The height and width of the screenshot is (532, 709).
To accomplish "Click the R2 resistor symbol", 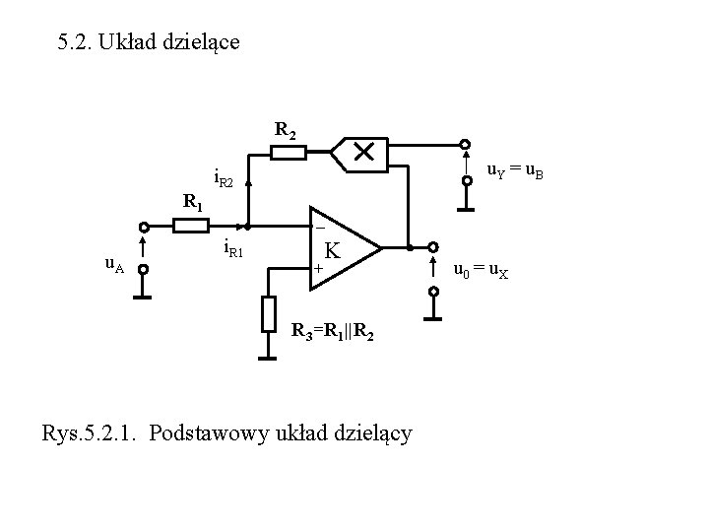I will coord(289,152).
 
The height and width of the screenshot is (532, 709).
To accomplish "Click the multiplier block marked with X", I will coord(362,152).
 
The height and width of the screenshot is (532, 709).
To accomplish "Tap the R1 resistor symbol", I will coord(190,226).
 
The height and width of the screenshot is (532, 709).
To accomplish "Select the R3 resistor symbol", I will coord(269,313).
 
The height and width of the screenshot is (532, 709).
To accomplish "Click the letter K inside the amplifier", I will coord(334,251).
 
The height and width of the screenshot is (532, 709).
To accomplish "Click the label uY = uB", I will coord(517,174).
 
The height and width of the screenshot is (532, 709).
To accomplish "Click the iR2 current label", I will coord(225,181).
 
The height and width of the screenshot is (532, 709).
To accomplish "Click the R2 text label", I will coord(286,129).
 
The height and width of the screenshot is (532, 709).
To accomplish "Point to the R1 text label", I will coord(193,204).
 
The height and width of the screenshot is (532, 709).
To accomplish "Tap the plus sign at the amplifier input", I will coord(318,269).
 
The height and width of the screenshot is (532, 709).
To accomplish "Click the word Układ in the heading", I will coord(128,43).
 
